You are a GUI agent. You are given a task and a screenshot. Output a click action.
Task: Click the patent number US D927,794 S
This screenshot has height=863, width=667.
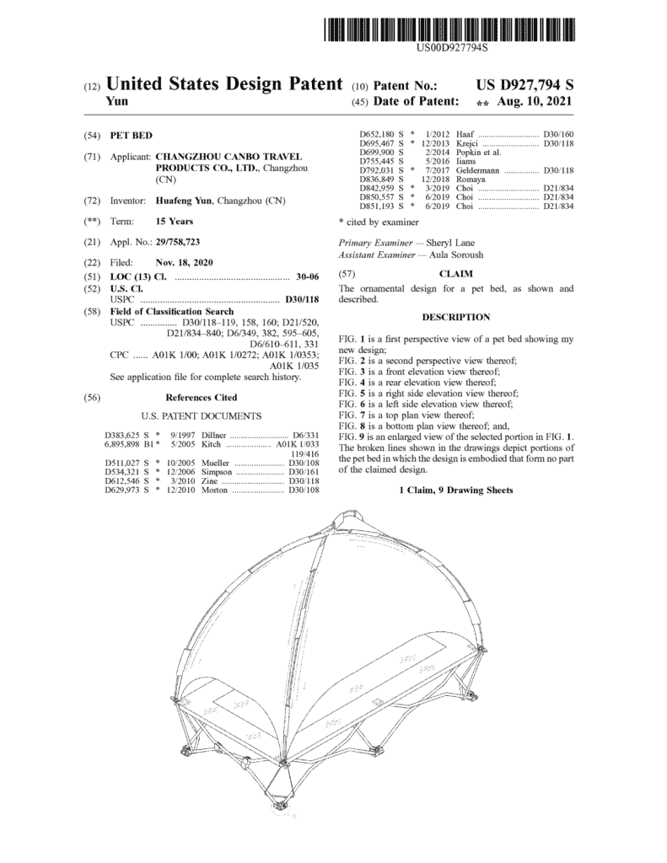pyautogui.click(x=524, y=85)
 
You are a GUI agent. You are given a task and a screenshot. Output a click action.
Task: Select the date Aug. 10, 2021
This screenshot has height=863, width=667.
pyautogui.click(x=535, y=101)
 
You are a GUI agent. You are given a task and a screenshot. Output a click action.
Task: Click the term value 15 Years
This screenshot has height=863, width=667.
pyautogui.click(x=175, y=222)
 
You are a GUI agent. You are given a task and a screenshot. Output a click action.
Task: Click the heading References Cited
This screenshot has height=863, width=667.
pyautogui.click(x=201, y=397)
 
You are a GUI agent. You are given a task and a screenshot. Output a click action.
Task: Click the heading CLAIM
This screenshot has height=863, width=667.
pyautogui.click(x=456, y=274)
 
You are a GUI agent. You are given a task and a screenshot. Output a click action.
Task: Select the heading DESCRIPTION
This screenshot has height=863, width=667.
pyautogui.click(x=455, y=317)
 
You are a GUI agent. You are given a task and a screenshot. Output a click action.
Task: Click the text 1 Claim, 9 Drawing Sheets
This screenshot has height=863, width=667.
pyautogui.click(x=455, y=490)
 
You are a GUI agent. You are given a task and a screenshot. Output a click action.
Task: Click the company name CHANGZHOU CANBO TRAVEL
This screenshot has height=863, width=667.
pyautogui.click(x=218, y=157)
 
